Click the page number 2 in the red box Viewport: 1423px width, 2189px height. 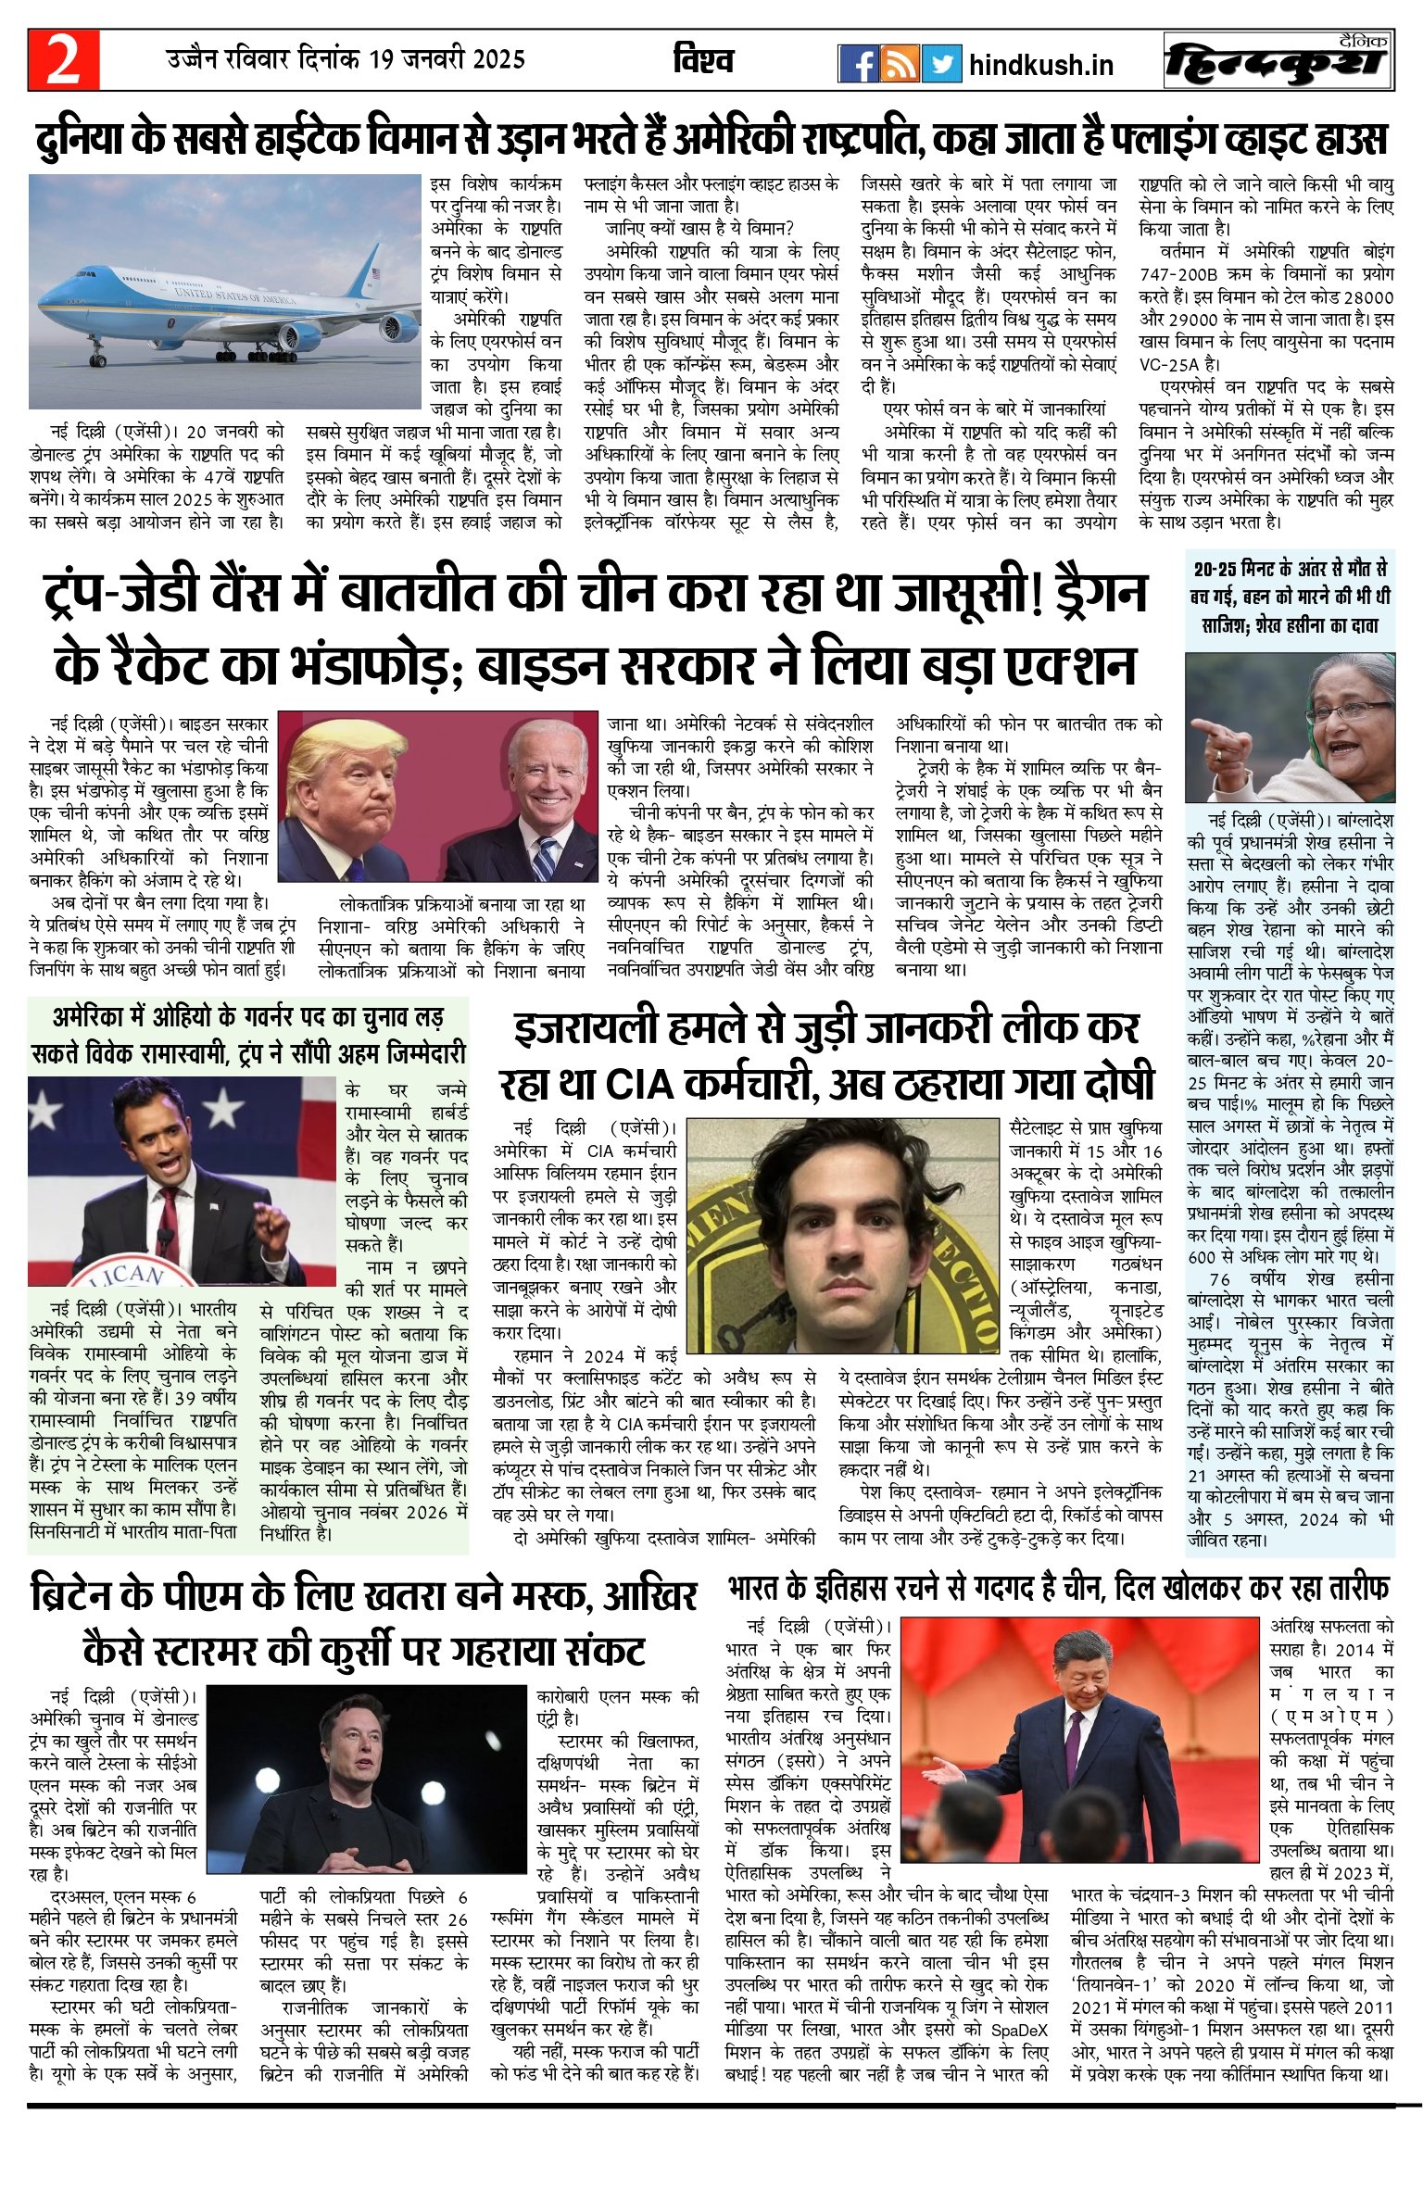click(x=63, y=61)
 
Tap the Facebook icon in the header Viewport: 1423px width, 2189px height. click(x=858, y=63)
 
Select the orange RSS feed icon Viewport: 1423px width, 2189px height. click(x=900, y=63)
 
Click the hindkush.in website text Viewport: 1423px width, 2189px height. click(x=1040, y=65)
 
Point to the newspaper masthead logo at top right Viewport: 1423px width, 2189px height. click(x=1278, y=61)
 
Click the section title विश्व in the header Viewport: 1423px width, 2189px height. click(x=703, y=61)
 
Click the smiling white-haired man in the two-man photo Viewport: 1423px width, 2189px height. click(x=548, y=784)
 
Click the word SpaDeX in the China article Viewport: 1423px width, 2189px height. click(x=1019, y=2030)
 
